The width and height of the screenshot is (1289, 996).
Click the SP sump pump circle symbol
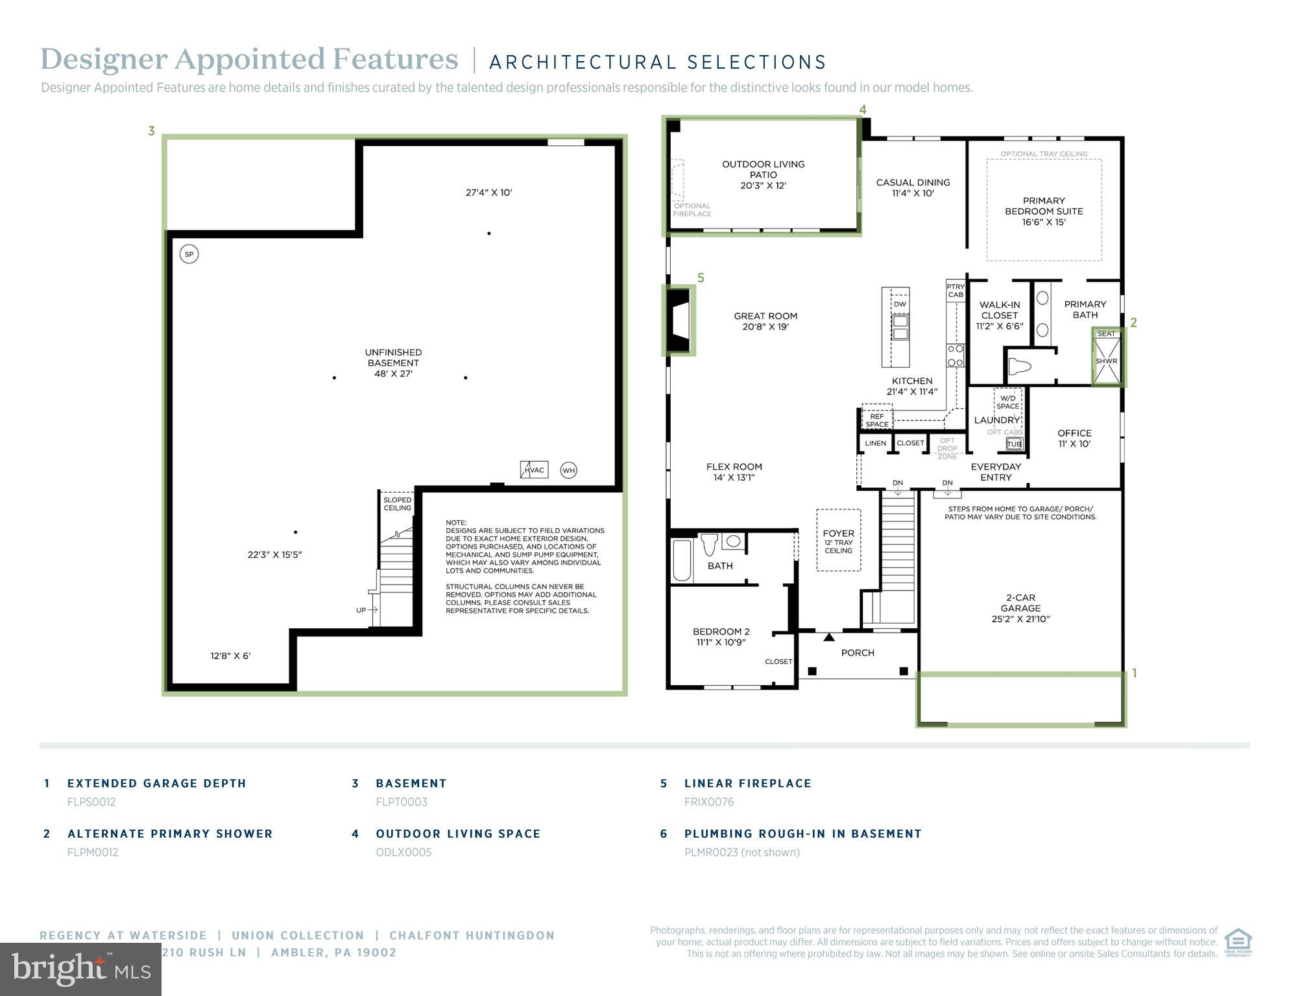pos(189,254)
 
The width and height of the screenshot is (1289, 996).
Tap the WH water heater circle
pos(568,470)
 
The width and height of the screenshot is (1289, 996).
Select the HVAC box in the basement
pos(534,470)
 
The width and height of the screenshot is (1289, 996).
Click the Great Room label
pos(765,321)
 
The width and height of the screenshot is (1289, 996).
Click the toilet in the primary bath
pos(1020,367)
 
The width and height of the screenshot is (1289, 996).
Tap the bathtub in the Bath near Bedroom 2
pos(682,560)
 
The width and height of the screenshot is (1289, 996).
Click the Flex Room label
pos(734,472)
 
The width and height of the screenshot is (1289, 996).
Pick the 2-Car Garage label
pos(1020,608)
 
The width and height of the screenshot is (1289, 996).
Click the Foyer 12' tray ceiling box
pos(838,541)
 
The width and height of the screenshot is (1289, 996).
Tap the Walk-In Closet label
pos(1000,315)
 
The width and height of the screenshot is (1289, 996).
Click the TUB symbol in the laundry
pos(1014,444)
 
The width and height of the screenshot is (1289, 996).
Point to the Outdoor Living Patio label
pos(763,175)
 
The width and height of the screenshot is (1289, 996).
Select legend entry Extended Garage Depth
pos(156,783)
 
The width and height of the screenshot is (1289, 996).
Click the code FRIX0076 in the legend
pos(709,802)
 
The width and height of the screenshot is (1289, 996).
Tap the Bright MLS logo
pos(80,969)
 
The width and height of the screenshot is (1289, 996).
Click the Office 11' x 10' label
pos(1074,438)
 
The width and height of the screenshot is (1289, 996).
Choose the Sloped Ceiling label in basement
pos(397,504)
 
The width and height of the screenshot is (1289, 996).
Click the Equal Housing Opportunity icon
pos(1238,942)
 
